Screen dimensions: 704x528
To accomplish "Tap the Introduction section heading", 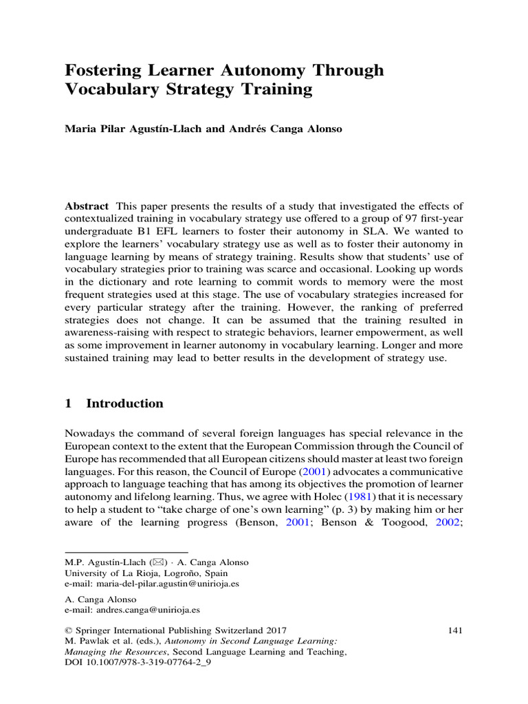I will click(124, 404).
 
